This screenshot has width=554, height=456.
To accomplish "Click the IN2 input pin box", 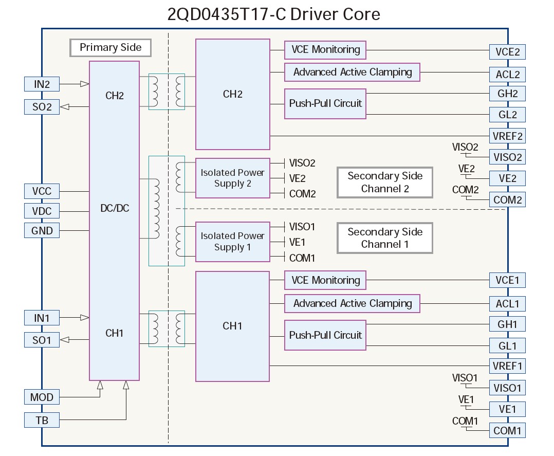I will click(x=42, y=84).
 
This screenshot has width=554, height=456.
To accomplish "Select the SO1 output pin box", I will click(x=42, y=339).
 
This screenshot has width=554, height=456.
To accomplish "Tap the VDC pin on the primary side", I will click(x=42, y=211).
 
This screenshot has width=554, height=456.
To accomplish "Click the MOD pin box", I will click(x=42, y=397).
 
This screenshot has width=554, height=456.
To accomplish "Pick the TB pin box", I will click(x=42, y=420).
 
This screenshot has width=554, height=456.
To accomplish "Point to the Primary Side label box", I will click(x=110, y=48).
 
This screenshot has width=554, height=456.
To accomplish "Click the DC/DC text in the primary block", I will click(x=114, y=208).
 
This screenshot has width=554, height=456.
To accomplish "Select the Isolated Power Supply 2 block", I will click(x=232, y=178).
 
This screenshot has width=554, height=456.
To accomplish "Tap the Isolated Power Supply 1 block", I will click(x=232, y=241).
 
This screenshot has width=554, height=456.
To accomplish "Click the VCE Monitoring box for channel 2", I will click(x=325, y=50).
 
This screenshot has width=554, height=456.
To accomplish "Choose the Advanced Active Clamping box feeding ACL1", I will click(x=352, y=303).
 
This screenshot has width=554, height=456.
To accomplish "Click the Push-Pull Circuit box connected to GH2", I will click(x=325, y=103).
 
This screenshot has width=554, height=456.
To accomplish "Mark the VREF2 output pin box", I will click(x=507, y=136).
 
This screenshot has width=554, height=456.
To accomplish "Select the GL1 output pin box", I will click(x=507, y=345).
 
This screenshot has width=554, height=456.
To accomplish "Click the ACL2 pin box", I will click(x=507, y=74).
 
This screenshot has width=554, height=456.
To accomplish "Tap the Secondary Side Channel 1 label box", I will click(x=384, y=238).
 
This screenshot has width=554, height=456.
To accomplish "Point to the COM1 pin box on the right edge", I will click(x=507, y=430).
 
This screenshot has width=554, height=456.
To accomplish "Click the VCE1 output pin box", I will click(x=507, y=280).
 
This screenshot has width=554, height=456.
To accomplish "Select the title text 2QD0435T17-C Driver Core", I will click(x=274, y=14).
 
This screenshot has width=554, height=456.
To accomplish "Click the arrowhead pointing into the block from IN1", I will click(x=85, y=318).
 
